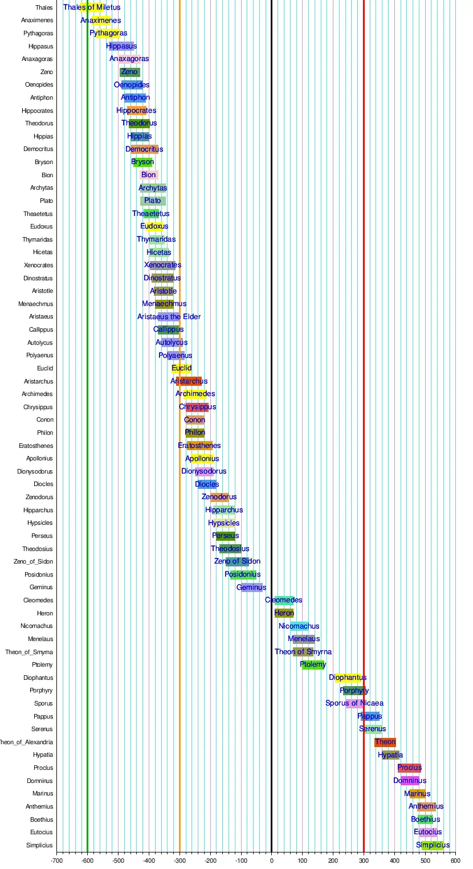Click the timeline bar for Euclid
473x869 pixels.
pos(182,368)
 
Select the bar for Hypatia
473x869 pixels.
pos(390,755)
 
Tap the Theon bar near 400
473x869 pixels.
pos(385,742)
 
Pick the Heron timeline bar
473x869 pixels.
pos(284,613)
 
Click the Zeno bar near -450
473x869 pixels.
pos(129,72)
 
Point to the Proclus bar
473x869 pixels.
pos(409,768)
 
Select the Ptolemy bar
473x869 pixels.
pos(313,664)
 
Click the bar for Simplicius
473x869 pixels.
pos(433,845)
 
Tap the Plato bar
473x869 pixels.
pos(153,201)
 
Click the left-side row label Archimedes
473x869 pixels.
pos(37,394)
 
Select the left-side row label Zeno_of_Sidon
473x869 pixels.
pos(33,562)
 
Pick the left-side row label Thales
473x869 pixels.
pos(44,7)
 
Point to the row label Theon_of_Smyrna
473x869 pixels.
pos(29,652)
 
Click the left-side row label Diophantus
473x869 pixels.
pos(38,678)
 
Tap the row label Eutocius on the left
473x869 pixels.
pos(41,833)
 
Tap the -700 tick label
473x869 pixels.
pos(56,860)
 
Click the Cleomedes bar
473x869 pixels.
pos(284,600)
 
